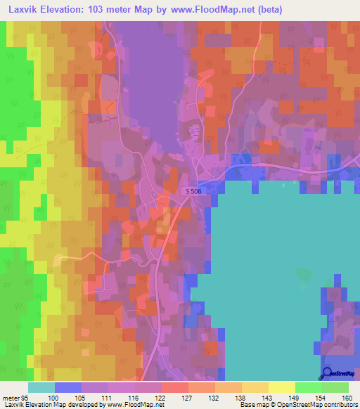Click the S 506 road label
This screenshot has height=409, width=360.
pyautogui.click(x=198, y=191)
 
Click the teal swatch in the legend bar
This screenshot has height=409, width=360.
pyautogui.click(x=41, y=388)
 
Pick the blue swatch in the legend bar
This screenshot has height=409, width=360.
pyautogui.click(x=68, y=388)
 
